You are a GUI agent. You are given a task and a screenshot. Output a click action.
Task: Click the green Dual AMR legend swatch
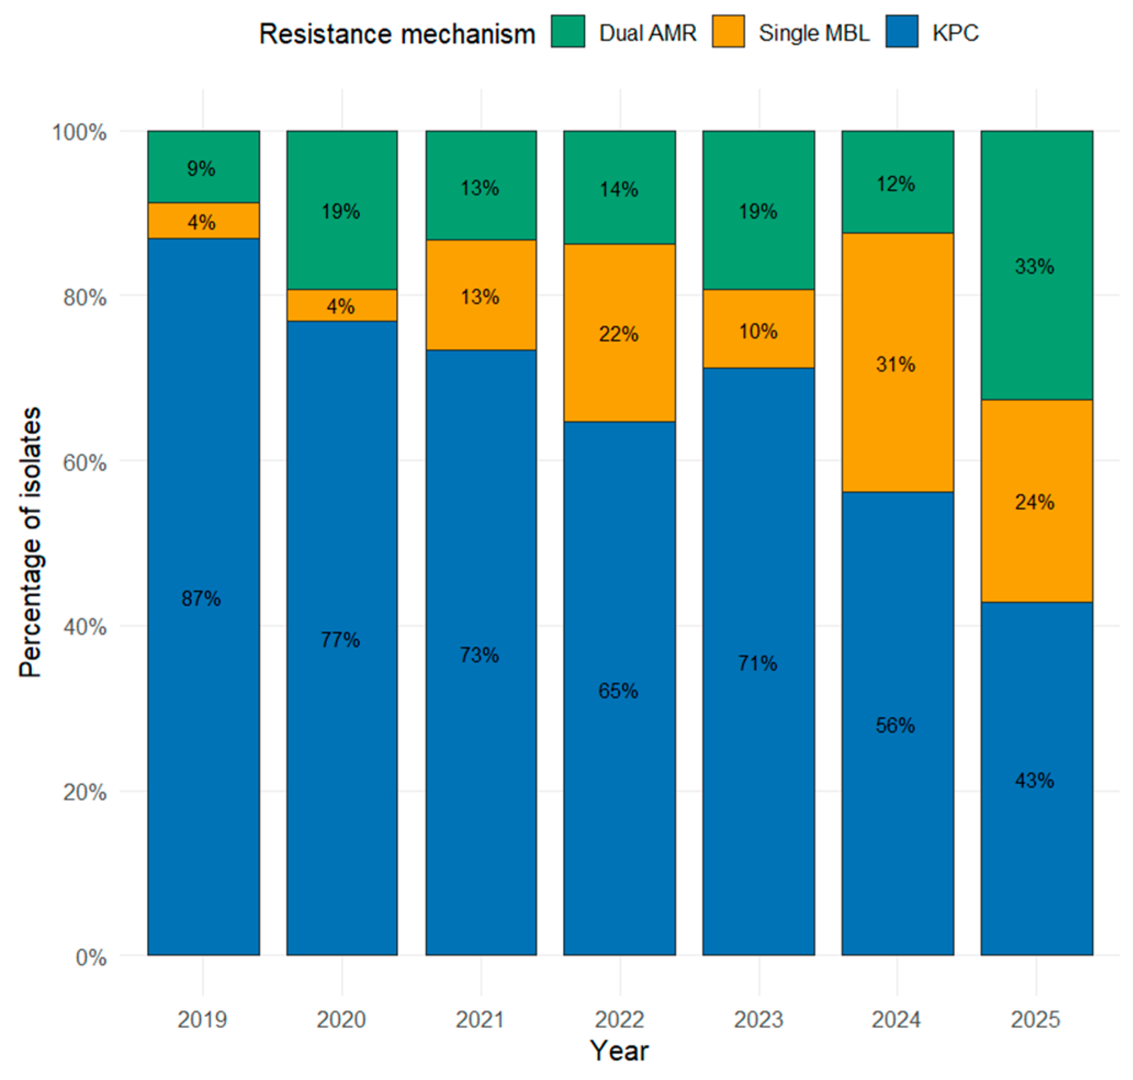click(568, 31)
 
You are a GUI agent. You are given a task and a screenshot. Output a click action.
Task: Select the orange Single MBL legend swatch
click(728, 31)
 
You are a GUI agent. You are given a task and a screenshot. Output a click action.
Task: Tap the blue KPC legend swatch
click(901, 31)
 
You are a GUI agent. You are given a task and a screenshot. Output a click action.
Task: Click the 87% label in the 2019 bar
click(201, 599)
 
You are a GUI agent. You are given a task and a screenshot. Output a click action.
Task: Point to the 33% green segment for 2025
click(1037, 266)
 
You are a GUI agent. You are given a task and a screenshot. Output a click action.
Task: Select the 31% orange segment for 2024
click(898, 363)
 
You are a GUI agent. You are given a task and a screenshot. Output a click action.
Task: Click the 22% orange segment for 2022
click(619, 333)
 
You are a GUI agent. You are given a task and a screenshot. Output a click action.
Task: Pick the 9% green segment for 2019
click(204, 167)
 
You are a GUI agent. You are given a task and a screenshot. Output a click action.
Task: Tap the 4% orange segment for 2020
click(342, 305)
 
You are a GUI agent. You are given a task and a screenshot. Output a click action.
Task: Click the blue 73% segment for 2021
click(481, 652)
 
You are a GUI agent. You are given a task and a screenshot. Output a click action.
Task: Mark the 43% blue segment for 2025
click(1037, 779)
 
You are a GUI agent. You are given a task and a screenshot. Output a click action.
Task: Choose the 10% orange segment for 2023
click(758, 329)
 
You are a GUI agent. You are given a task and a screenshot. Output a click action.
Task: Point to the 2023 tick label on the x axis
click(758, 1020)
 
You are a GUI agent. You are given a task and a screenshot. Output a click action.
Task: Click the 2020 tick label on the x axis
click(341, 1020)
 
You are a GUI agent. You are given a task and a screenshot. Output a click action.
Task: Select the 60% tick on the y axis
click(84, 462)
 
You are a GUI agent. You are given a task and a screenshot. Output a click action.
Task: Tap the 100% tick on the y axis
click(80, 132)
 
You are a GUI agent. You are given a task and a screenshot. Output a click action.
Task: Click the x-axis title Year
click(619, 1050)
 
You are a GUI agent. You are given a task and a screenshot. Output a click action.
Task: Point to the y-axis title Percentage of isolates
click(30, 542)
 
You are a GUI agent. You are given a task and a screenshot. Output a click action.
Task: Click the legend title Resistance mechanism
click(397, 33)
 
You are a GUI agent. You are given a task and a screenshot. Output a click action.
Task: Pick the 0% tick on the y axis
click(91, 958)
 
